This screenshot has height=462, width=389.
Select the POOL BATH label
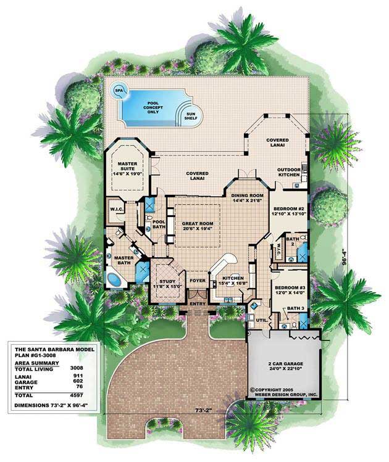pos(158,224)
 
